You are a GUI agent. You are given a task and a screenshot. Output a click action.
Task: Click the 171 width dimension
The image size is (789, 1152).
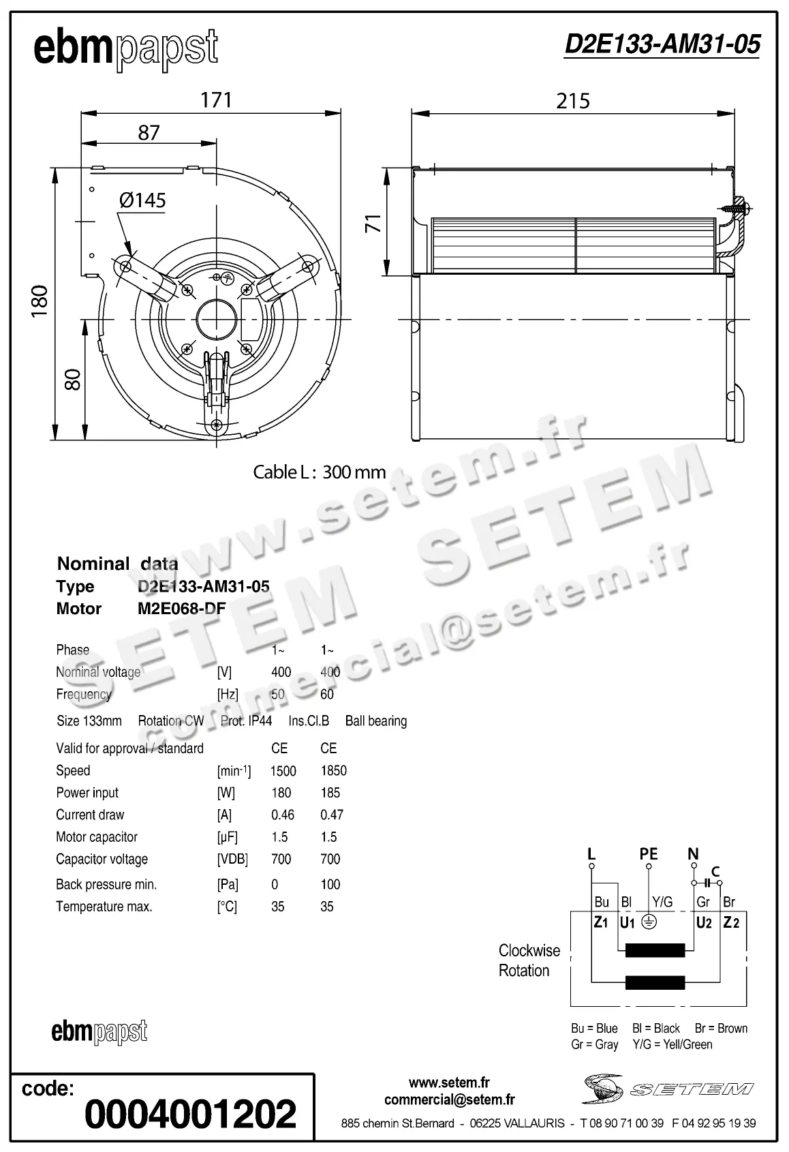coord(216,100)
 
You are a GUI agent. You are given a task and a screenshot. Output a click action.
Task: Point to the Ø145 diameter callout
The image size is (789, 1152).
coord(142,200)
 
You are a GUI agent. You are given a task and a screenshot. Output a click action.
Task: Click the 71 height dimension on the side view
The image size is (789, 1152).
coord(373,223)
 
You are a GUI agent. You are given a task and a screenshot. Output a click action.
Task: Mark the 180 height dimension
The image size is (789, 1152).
coord(40,300)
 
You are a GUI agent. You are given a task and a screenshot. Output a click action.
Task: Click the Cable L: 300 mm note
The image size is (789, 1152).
coord(319,472)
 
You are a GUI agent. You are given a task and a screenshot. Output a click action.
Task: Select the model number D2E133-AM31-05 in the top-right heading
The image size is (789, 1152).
coord(662,44)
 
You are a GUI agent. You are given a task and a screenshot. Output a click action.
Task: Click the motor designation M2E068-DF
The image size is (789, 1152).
coord(181,609)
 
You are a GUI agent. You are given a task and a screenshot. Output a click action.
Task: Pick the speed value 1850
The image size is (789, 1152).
coord(333,770)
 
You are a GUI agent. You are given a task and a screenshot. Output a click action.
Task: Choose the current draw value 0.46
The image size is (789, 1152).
coord(283,815)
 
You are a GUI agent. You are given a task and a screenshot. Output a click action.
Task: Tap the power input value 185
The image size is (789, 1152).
coord(330,793)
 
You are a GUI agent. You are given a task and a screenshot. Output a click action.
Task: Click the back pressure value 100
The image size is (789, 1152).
coord(330,884)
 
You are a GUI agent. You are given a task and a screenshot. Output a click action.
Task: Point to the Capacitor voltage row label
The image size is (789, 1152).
coord(102,859)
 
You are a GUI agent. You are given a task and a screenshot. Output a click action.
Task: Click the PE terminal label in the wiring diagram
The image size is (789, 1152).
coord(649,853)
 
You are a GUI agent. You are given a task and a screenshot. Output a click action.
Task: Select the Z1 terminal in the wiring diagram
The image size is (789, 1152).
coord(601,922)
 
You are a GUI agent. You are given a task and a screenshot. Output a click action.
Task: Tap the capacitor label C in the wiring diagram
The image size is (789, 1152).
coord(715,871)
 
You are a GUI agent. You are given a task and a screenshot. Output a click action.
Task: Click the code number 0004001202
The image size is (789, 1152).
coord(190,1114)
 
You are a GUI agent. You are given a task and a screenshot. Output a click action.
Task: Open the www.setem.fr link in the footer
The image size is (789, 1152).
coord(449,1082)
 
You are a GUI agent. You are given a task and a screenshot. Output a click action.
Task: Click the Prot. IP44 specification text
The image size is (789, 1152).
coord(246,721)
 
